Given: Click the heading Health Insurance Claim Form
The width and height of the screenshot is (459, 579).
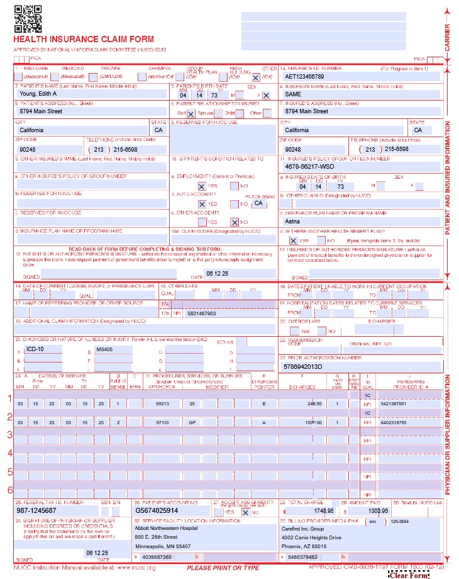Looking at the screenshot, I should pyautogui.click(x=84, y=39).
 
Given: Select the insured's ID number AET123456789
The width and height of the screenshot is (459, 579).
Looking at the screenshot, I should pyautogui.click(x=304, y=76).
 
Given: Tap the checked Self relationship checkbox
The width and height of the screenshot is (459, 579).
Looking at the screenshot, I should pyautogui.click(x=191, y=114).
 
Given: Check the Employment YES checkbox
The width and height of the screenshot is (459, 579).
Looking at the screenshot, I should pyautogui.click(x=202, y=186).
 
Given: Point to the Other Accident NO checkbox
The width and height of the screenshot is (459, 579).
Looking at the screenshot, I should pyautogui.click(x=234, y=222).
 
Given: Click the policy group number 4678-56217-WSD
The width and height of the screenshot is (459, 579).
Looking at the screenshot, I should pyautogui.click(x=309, y=167).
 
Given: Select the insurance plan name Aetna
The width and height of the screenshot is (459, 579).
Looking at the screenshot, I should pyautogui.click(x=293, y=222).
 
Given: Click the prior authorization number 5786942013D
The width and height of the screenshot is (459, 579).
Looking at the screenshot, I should pyautogui.click(x=303, y=366).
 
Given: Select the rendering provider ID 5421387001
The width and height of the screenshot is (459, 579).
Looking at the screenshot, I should pyautogui.click(x=394, y=403).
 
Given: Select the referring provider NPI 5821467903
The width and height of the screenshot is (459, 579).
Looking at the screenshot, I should pyautogui.click(x=201, y=313).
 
